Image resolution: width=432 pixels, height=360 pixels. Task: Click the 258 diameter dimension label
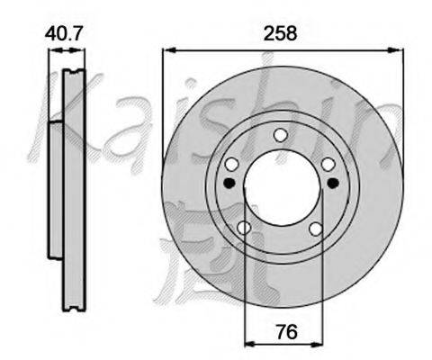tap(280, 33)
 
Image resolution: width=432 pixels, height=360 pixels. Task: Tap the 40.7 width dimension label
tap(63, 33)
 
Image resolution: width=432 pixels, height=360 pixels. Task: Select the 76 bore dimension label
tap(287, 332)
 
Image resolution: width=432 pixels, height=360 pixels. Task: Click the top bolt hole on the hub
tap(281, 135)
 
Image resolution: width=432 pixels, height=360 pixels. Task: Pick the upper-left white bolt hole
tap(232, 164)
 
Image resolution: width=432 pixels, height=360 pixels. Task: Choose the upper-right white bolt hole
tap(328, 165)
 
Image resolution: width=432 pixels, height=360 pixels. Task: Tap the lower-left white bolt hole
tap(244, 228)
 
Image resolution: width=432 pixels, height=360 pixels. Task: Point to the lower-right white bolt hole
tap(316, 229)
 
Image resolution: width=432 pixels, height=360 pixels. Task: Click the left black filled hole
tap(229, 183)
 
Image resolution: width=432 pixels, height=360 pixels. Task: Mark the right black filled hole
tap(333, 183)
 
